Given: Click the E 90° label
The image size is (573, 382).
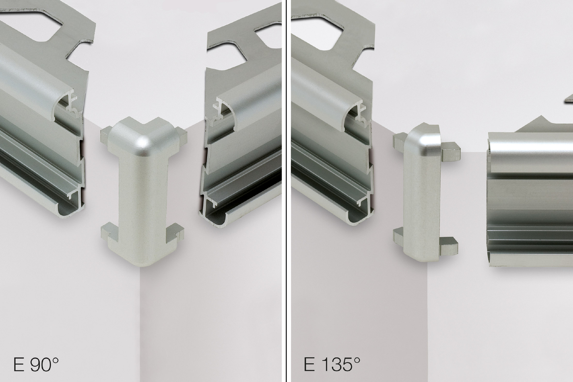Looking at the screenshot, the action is (x=36, y=364).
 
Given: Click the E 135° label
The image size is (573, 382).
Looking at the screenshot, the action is (x=332, y=364).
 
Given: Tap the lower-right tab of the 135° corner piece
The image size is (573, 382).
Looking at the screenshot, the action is (x=448, y=245).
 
